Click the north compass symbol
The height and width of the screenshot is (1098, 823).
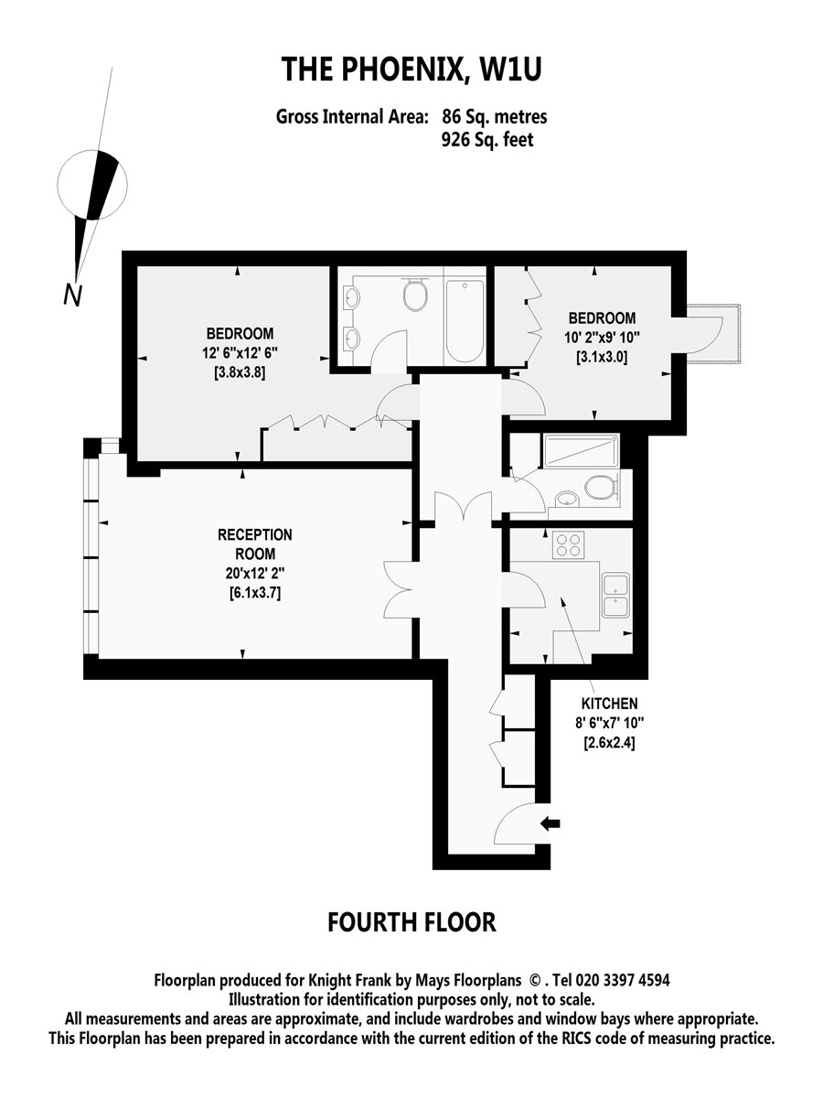[92, 185]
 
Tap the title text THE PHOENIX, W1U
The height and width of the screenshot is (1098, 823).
[411, 69]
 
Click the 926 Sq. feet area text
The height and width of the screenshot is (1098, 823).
[487, 140]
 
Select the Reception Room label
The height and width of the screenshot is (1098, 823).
[254, 544]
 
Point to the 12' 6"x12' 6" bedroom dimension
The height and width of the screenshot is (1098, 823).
[240, 353]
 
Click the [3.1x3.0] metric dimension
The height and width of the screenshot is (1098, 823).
[602, 357]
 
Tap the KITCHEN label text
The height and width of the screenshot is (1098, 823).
[609, 704]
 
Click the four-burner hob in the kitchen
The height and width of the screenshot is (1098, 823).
[568, 544]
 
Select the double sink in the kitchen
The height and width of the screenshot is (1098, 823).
[615, 596]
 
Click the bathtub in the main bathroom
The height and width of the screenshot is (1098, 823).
[465, 320]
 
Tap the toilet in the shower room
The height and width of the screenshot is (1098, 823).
[602, 487]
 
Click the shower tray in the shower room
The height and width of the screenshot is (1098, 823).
[582, 451]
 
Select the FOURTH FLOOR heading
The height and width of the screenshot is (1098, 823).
[411, 922]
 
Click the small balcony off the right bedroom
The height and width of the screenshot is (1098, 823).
[713, 334]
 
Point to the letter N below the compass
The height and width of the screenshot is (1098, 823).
[72, 296]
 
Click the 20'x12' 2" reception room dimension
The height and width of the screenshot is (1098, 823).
[254, 574]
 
